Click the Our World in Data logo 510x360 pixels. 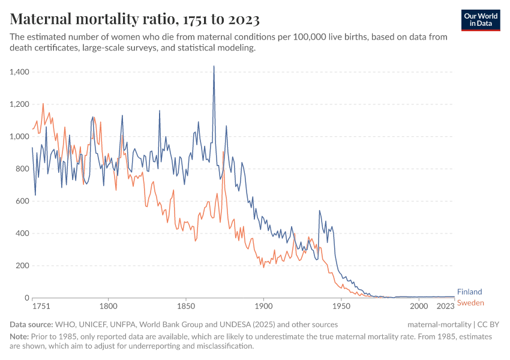click(x=481, y=20)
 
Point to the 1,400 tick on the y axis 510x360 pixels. click(x=19, y=72)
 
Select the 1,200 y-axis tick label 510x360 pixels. click(x=19, y=104)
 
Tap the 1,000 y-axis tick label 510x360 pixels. click(x=19, y=137)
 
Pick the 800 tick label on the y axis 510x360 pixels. click(x=23, y=169)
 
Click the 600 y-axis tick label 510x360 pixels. click(x=23, y=201)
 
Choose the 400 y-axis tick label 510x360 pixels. click(x=23, y=233)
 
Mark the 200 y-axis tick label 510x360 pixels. click(x=23, y=266)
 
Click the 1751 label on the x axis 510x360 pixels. click(x=41, y=306)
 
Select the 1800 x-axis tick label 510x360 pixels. click(x=108, y=306)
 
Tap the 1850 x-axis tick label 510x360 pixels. click(x=186, y=306)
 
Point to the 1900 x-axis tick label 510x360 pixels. click(x=263, y=306)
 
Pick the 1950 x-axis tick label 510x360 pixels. click(x=341, y=306)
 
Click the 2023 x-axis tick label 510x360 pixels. click(x=445, y=306)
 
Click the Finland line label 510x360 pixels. click(x=469, y=292)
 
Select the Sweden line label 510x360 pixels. click(x=470, y=303)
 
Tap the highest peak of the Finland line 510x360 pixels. click(x=214, y=66)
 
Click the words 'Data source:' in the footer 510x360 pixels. click(x=31, y=325)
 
